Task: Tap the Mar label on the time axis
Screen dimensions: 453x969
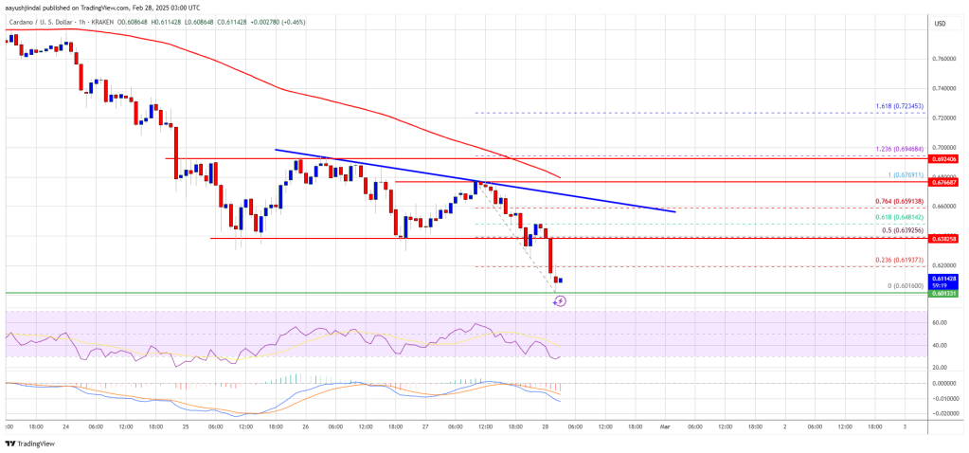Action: pos(663,426)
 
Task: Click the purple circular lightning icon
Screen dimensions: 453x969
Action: pos(560,300)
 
